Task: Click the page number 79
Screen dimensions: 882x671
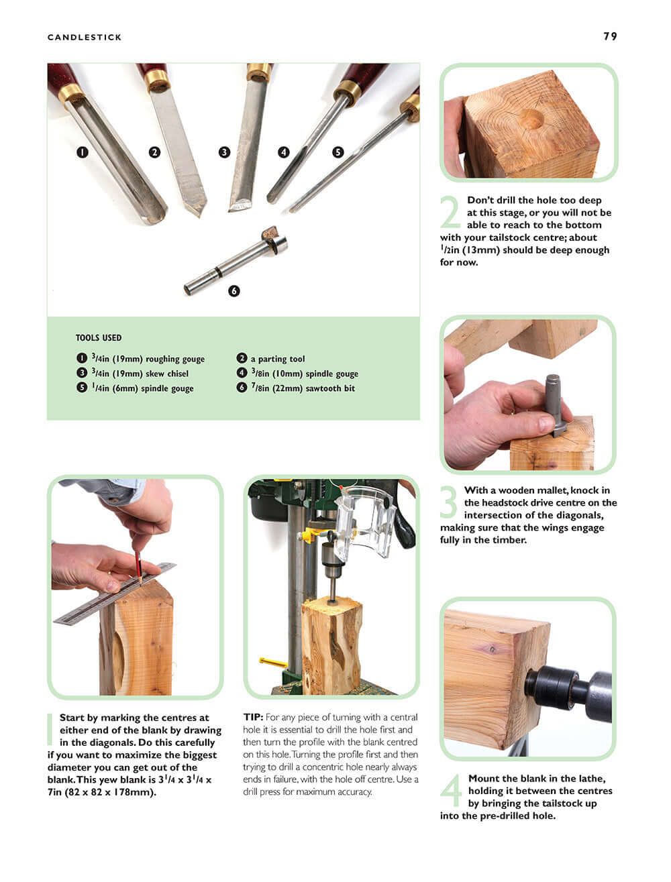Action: coord(609,36)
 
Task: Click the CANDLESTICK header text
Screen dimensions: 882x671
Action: coord(85,38)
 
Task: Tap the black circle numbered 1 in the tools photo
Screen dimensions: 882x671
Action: coord(82,152)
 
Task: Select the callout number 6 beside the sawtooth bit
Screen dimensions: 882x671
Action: coord(234,291)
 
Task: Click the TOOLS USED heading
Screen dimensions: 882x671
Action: coord(99,338)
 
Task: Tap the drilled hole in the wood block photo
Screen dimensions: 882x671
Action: coord(531,119)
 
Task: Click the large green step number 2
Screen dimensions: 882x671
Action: coord(451,212)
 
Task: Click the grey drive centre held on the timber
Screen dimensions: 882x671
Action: coord(554,402)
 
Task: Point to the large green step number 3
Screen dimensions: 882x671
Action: coord(450,502)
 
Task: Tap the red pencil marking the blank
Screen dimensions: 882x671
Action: coord(138,565)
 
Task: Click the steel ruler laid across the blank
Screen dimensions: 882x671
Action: coord(114,594)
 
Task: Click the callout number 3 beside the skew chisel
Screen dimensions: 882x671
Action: coord(224,152)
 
